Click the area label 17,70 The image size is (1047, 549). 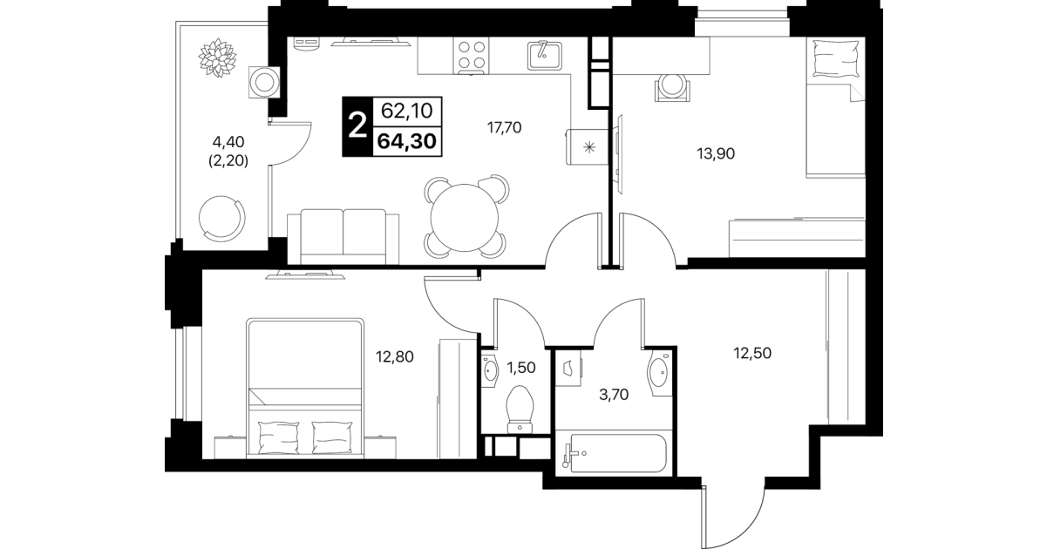point(505,127)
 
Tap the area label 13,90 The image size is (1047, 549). point(716,153)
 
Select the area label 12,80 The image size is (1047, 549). point(395,357)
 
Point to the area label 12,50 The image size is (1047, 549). point(752,353)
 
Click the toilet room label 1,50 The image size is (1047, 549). point(521,368)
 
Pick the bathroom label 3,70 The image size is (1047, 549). point(614,395)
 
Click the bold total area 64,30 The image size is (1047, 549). point(406,140)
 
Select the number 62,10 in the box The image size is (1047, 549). point(406,111)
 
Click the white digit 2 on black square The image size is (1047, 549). point(357,126)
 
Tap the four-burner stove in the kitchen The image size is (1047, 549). point(471,56)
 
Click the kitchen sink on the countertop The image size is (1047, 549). point(545,56)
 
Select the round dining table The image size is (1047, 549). point(465,218)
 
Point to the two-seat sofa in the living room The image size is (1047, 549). point(343,237)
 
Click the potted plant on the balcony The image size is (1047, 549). point(217,58)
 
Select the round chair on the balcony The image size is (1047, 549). point(222,218)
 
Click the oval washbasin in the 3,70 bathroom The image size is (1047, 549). point(658,372)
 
